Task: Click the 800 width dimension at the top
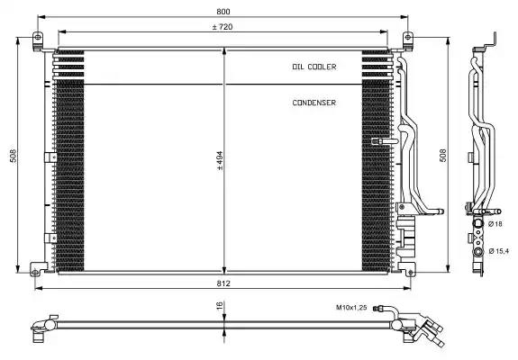223,11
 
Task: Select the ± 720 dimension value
223,27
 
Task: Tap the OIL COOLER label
314,67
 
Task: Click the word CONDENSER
314,103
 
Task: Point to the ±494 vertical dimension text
220,161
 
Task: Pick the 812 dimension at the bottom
223,283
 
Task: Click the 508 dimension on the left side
14,156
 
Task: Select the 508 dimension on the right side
443,156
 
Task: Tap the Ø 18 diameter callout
495,224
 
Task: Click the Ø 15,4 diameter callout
499,251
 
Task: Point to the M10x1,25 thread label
351,308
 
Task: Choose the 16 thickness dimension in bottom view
220,306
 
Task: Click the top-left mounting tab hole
38,37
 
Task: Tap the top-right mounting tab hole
408,37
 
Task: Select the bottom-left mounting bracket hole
35,272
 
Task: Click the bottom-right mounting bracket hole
411,273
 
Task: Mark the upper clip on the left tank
50,157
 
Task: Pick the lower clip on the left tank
50,238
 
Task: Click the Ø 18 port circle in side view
477,223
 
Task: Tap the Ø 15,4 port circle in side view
477,252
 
